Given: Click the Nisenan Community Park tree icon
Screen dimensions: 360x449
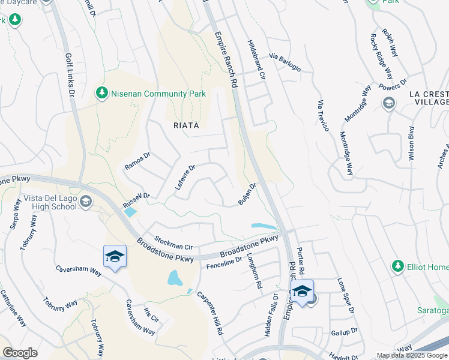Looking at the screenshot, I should tap(101, 94).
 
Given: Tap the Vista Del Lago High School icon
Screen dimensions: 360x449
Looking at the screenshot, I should tap(86, 201).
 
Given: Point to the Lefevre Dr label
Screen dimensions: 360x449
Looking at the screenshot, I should tap(185, 178).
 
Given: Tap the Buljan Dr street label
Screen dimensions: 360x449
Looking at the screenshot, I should tap(247, 194).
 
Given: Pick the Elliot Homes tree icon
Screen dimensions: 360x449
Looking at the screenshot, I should tap(397, 266).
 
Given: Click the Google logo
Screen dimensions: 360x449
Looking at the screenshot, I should tap(20, 352).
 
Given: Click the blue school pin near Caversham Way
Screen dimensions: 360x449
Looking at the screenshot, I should tap(115, 257).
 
